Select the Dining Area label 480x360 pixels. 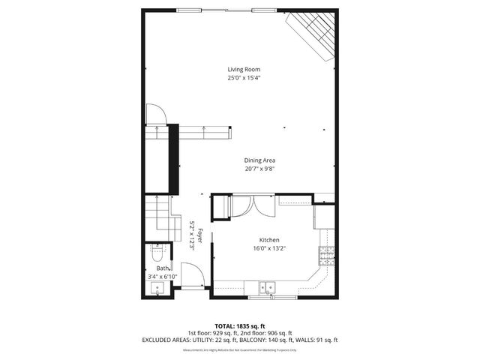(259, 160)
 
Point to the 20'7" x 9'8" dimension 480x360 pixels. (259, 169)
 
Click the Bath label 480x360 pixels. (162, 268)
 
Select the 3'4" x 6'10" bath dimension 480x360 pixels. (162, 276)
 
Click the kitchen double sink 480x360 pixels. (267, 287)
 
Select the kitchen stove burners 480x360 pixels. (327, 257)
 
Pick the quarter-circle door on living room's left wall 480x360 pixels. (156, 114)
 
